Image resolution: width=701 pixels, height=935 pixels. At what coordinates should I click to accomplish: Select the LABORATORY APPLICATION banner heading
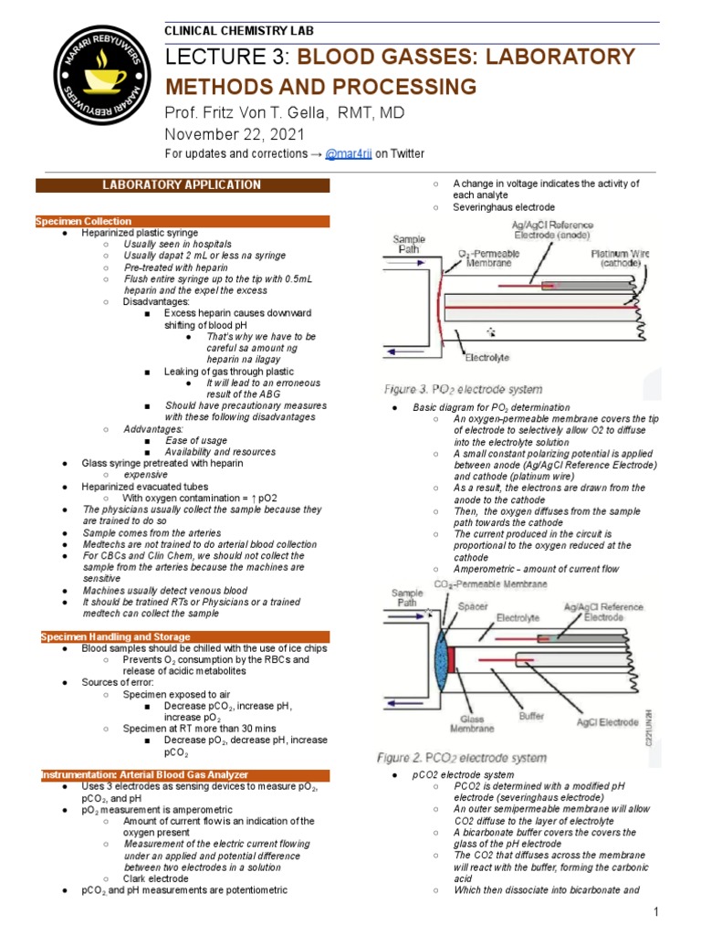182,185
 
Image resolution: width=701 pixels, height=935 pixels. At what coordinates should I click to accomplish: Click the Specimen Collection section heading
84,221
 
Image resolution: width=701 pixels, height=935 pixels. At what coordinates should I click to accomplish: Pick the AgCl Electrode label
607,721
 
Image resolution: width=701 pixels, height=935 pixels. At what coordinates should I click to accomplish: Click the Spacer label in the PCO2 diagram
474,604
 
